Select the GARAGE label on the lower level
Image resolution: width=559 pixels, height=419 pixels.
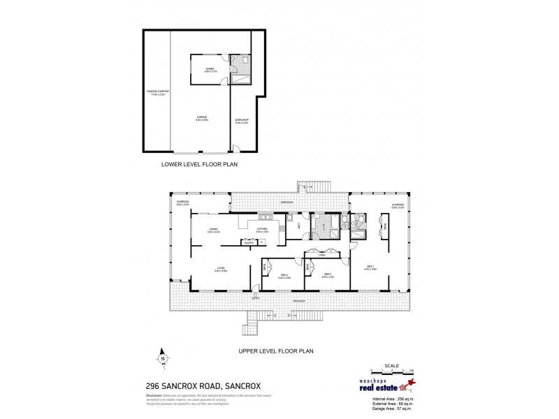[202, 119]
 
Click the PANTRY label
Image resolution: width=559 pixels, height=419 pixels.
[248, 242]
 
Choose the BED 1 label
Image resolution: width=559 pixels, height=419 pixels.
[370, 268]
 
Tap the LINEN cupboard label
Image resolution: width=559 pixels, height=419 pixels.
[322, 256]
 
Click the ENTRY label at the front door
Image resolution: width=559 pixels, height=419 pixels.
[256, 297]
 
